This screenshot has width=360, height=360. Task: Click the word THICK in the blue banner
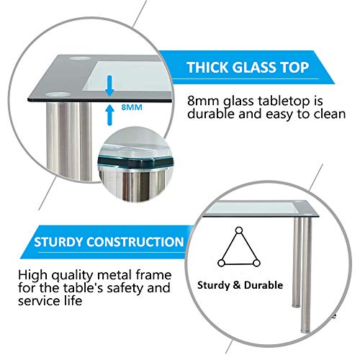208,67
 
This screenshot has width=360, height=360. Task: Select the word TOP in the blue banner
295,67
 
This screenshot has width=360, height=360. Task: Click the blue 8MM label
132,107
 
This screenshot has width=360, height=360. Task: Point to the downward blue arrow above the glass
109,86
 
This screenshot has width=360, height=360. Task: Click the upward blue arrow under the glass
109,114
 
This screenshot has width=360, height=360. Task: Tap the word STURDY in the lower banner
59,242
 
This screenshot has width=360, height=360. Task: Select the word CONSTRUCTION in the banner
135,242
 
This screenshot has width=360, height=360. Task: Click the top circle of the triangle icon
239,230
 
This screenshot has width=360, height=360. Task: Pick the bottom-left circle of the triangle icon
221,263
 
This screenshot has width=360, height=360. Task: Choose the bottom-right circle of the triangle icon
256,264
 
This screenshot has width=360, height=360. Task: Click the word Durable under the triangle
264,285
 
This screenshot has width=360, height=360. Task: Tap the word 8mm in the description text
204,101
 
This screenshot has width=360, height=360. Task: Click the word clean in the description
330,114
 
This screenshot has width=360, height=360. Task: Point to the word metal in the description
114,275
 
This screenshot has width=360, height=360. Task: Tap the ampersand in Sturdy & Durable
237,285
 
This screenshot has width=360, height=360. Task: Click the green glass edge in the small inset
135,163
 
